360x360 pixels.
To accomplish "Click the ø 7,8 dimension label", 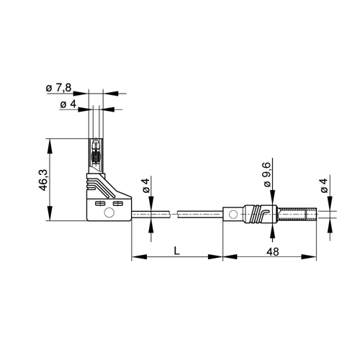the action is pyautogui.click(x=58, y=88).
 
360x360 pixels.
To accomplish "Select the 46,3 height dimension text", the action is pyautogui.click(x=43, y=180).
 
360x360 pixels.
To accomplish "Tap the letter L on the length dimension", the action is pyautogui.click(x=177, y=251).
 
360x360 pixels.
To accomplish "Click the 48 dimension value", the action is pyautogui.click(x=273, y=252).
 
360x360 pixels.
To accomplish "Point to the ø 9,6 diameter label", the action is pyautogui.click(x=267, y=174).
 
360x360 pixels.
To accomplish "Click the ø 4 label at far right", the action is pyautogui.click(x=324, y=186).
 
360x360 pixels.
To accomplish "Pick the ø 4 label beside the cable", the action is pyautogui.click(x=146, y=186).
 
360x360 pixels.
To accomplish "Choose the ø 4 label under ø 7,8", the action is pyautogui.click(x=68, y=104).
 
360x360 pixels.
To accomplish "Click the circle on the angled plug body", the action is pyautogui.click(x=109, y=212).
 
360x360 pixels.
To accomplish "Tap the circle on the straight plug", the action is pyautogui.click(x=233, y=214).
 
